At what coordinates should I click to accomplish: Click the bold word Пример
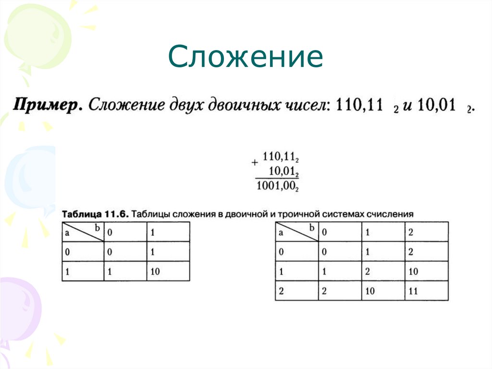(x=47, y=105)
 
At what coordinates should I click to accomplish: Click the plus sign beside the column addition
(x=255, y=163)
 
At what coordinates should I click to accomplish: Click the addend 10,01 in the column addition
(x=283, y=171)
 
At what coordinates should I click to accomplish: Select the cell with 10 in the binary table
(x=156, y=271)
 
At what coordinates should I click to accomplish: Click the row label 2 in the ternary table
(x=282, y=291)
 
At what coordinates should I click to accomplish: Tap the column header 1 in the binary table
(x=153, y=232)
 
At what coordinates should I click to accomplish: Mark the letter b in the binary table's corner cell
(x=97, y=228)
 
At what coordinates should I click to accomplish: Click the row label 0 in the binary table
(x=68, y=252)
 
